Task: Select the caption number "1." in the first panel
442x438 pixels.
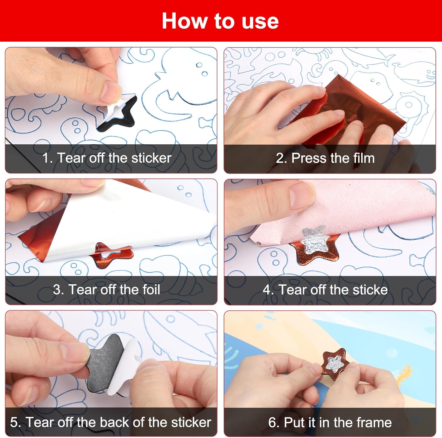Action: pos(47,158)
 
